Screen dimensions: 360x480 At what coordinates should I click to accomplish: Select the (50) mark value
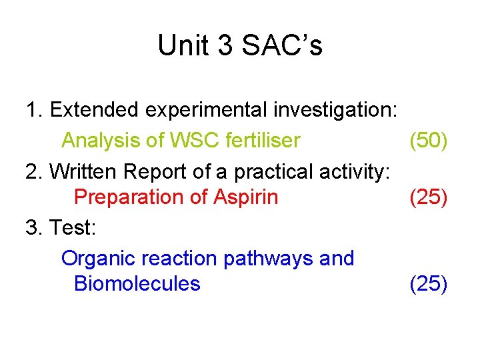pyautogui.click(x=428, y=141)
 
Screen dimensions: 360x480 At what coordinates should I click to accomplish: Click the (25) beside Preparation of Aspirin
pyautogui.click(x=428, y=197)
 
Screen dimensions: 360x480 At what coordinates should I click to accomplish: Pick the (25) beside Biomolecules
pyautogui.click(x=428, y=283)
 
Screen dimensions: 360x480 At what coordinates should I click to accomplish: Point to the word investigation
pyautogui.click(x=335, y=109)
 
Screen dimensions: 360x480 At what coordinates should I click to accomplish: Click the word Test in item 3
pyautogui.click(x=72, y=228)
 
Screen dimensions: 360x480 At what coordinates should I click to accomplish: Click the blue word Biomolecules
pyautogui.click(x=137, y=283)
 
